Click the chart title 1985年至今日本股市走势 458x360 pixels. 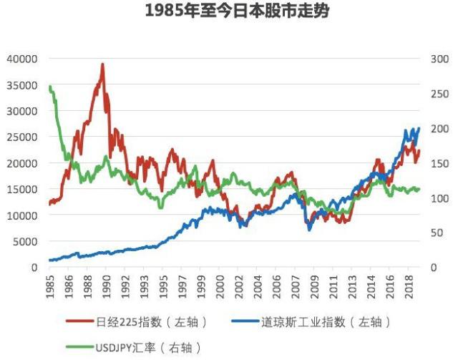(228, 13)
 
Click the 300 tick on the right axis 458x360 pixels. (437, 59)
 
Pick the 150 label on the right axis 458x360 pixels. (437, 163)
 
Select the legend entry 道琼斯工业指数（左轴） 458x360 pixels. (312, 323)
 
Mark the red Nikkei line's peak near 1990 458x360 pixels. (102, 64)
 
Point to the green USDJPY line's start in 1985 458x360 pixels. (50, 87)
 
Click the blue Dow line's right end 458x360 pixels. (419, 129)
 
